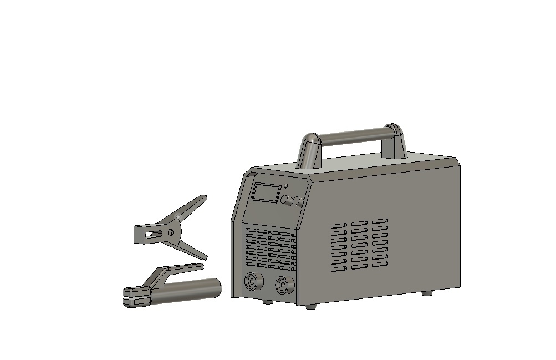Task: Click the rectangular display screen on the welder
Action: (x=266, y=192)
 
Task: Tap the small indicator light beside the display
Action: (x=287, y=187)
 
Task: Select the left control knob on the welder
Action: (x=285, y=199)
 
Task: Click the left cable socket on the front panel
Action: (x=252, y=281)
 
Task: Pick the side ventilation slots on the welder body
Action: (x=359, y=245)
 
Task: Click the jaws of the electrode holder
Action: (x=136, y=296)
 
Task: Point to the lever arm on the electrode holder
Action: (x=180, y=270)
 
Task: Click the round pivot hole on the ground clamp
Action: (x=170, y=232)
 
